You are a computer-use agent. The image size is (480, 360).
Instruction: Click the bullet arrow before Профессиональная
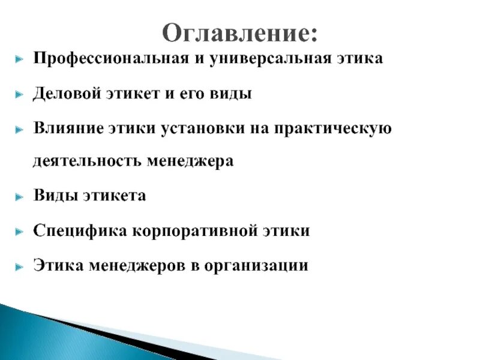(x=20, y=60)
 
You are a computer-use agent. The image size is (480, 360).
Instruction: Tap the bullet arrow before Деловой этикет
(x=20, y=94)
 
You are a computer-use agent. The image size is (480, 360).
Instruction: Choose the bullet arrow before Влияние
(x=20, y=128)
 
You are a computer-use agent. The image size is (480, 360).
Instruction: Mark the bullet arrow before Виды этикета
(x=20, y=197)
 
